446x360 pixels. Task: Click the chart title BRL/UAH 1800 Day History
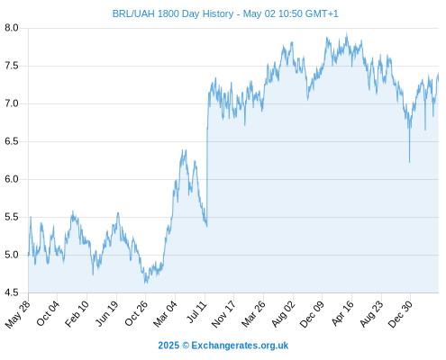173,13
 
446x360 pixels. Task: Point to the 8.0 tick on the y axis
12,28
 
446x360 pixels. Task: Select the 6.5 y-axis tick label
12,141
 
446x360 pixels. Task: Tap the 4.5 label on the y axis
12,292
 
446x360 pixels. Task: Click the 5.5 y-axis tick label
12,217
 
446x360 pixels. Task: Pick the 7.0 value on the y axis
12,103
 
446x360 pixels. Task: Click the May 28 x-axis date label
18,314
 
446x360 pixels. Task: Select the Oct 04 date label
48,313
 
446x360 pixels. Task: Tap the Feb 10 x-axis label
77,313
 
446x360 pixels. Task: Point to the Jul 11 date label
196,312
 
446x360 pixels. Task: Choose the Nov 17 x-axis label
223,314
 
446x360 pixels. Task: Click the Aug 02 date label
283,314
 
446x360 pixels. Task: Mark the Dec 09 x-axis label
312,314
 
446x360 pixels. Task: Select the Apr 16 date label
343,313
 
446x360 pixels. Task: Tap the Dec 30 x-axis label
400,314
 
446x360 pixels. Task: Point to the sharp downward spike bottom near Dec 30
409,162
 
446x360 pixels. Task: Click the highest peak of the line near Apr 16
347,33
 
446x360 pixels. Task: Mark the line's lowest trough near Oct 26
146,283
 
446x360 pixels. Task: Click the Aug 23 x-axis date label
371,313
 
